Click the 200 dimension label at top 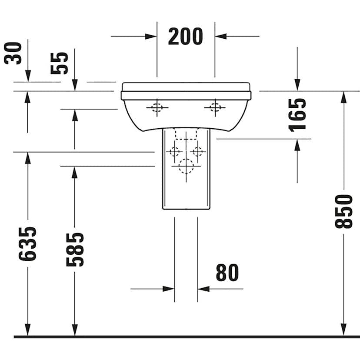[185, 37]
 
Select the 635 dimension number [27, 243]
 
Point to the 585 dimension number [75, 249]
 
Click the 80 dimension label [227, 273]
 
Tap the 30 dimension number [13, 53]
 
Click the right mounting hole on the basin [214, 107]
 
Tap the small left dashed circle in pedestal [174, 152]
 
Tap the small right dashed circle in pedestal [198, 152]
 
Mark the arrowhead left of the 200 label [151, 36]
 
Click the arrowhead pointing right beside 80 [169, 288]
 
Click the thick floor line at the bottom [187, 337]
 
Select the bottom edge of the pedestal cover [186, 209]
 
